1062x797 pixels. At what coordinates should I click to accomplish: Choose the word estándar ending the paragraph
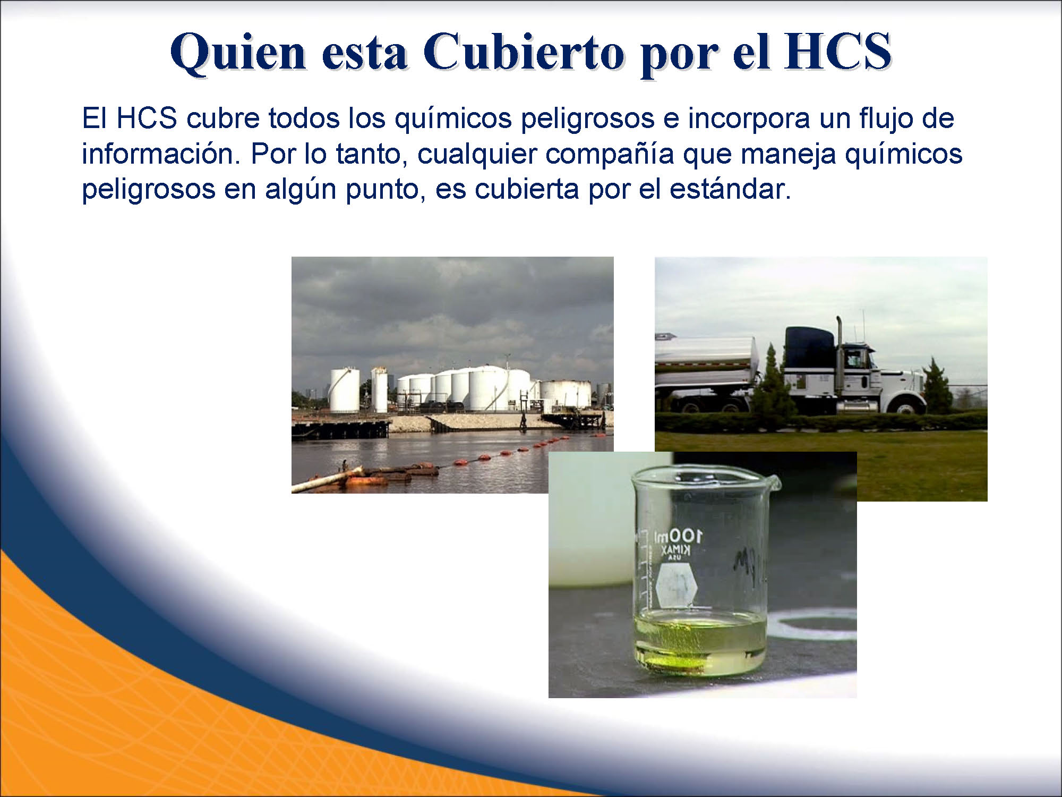pos(730,189)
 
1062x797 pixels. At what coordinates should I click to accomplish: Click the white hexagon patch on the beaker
pos(676,585)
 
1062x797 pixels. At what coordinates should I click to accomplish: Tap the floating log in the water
pos(327,479)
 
